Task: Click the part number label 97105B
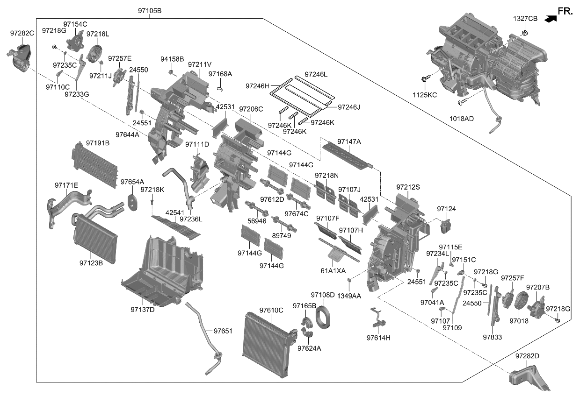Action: click(x=150, y=11)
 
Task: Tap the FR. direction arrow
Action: click(x=551, y=18)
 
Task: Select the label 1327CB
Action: click(x=525, y=19)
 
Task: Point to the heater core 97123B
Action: click(x=96, y=238)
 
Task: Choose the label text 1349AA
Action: click(x=349, y=296)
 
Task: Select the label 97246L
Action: click(x=316, y=74)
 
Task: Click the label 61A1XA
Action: click(x=333, y=270)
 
